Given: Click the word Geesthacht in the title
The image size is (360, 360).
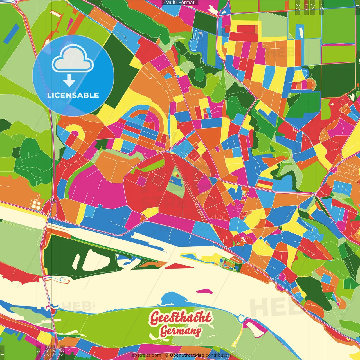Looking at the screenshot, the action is (181, 318).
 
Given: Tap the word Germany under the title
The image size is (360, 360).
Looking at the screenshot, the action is (181, 331).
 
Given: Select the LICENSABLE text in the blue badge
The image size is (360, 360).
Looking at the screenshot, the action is (73, 95).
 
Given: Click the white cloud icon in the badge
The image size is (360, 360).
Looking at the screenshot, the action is (73, 60).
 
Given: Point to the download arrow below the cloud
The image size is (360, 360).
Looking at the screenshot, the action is (69, 81).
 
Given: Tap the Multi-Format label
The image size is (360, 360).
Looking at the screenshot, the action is (180, 3).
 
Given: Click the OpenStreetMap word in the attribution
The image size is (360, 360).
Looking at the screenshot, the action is (187, 355).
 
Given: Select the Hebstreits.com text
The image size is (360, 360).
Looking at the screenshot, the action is (145, 355).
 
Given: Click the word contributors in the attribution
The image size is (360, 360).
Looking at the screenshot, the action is (218, 355).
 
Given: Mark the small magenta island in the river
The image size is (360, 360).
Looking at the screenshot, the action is (204, 291).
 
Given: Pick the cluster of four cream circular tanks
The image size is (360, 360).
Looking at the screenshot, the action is (36, 205).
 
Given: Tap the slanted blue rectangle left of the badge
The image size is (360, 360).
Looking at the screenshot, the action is (12, 34).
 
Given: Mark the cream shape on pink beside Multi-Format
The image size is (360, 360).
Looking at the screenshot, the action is (213, 10).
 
